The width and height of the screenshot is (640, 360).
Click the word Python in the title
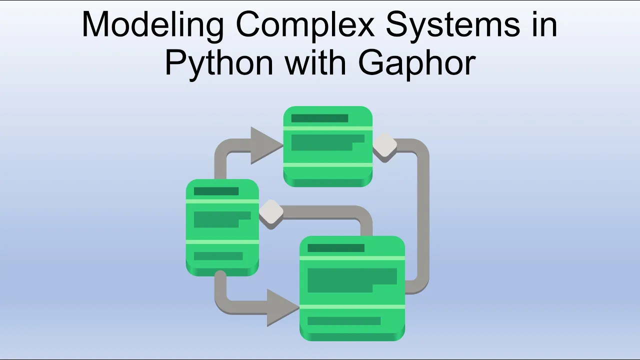point(219,64)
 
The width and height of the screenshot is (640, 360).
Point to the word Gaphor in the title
point(417,64)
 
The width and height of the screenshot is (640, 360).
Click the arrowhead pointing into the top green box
point(267,145)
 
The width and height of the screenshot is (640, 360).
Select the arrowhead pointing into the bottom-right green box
point(283,307)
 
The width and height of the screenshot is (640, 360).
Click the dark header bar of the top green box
point(319,118)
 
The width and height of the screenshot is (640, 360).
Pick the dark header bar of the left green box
point(216,191)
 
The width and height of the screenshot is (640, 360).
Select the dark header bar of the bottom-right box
point(336,248)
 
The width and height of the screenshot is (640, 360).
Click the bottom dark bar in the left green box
point(218,256)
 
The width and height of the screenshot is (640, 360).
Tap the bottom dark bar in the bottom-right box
point(344,321)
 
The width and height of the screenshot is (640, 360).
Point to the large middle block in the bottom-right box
point(352,280)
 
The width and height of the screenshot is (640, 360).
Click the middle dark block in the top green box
point(327,142)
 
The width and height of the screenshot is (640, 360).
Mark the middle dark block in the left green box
point(222,219)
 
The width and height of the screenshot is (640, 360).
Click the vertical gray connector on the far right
point(422,217)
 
